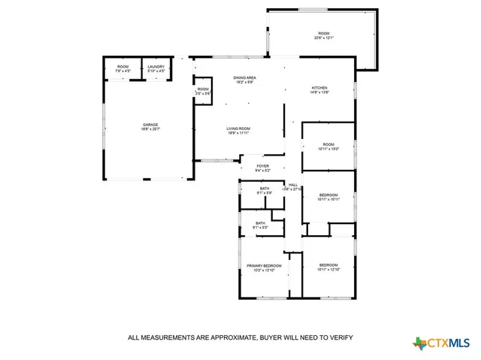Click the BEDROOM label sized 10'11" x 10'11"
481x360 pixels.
point(328,196)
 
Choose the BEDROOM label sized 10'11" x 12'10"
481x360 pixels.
point(328,267)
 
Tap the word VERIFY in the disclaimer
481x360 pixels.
point(338,337)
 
